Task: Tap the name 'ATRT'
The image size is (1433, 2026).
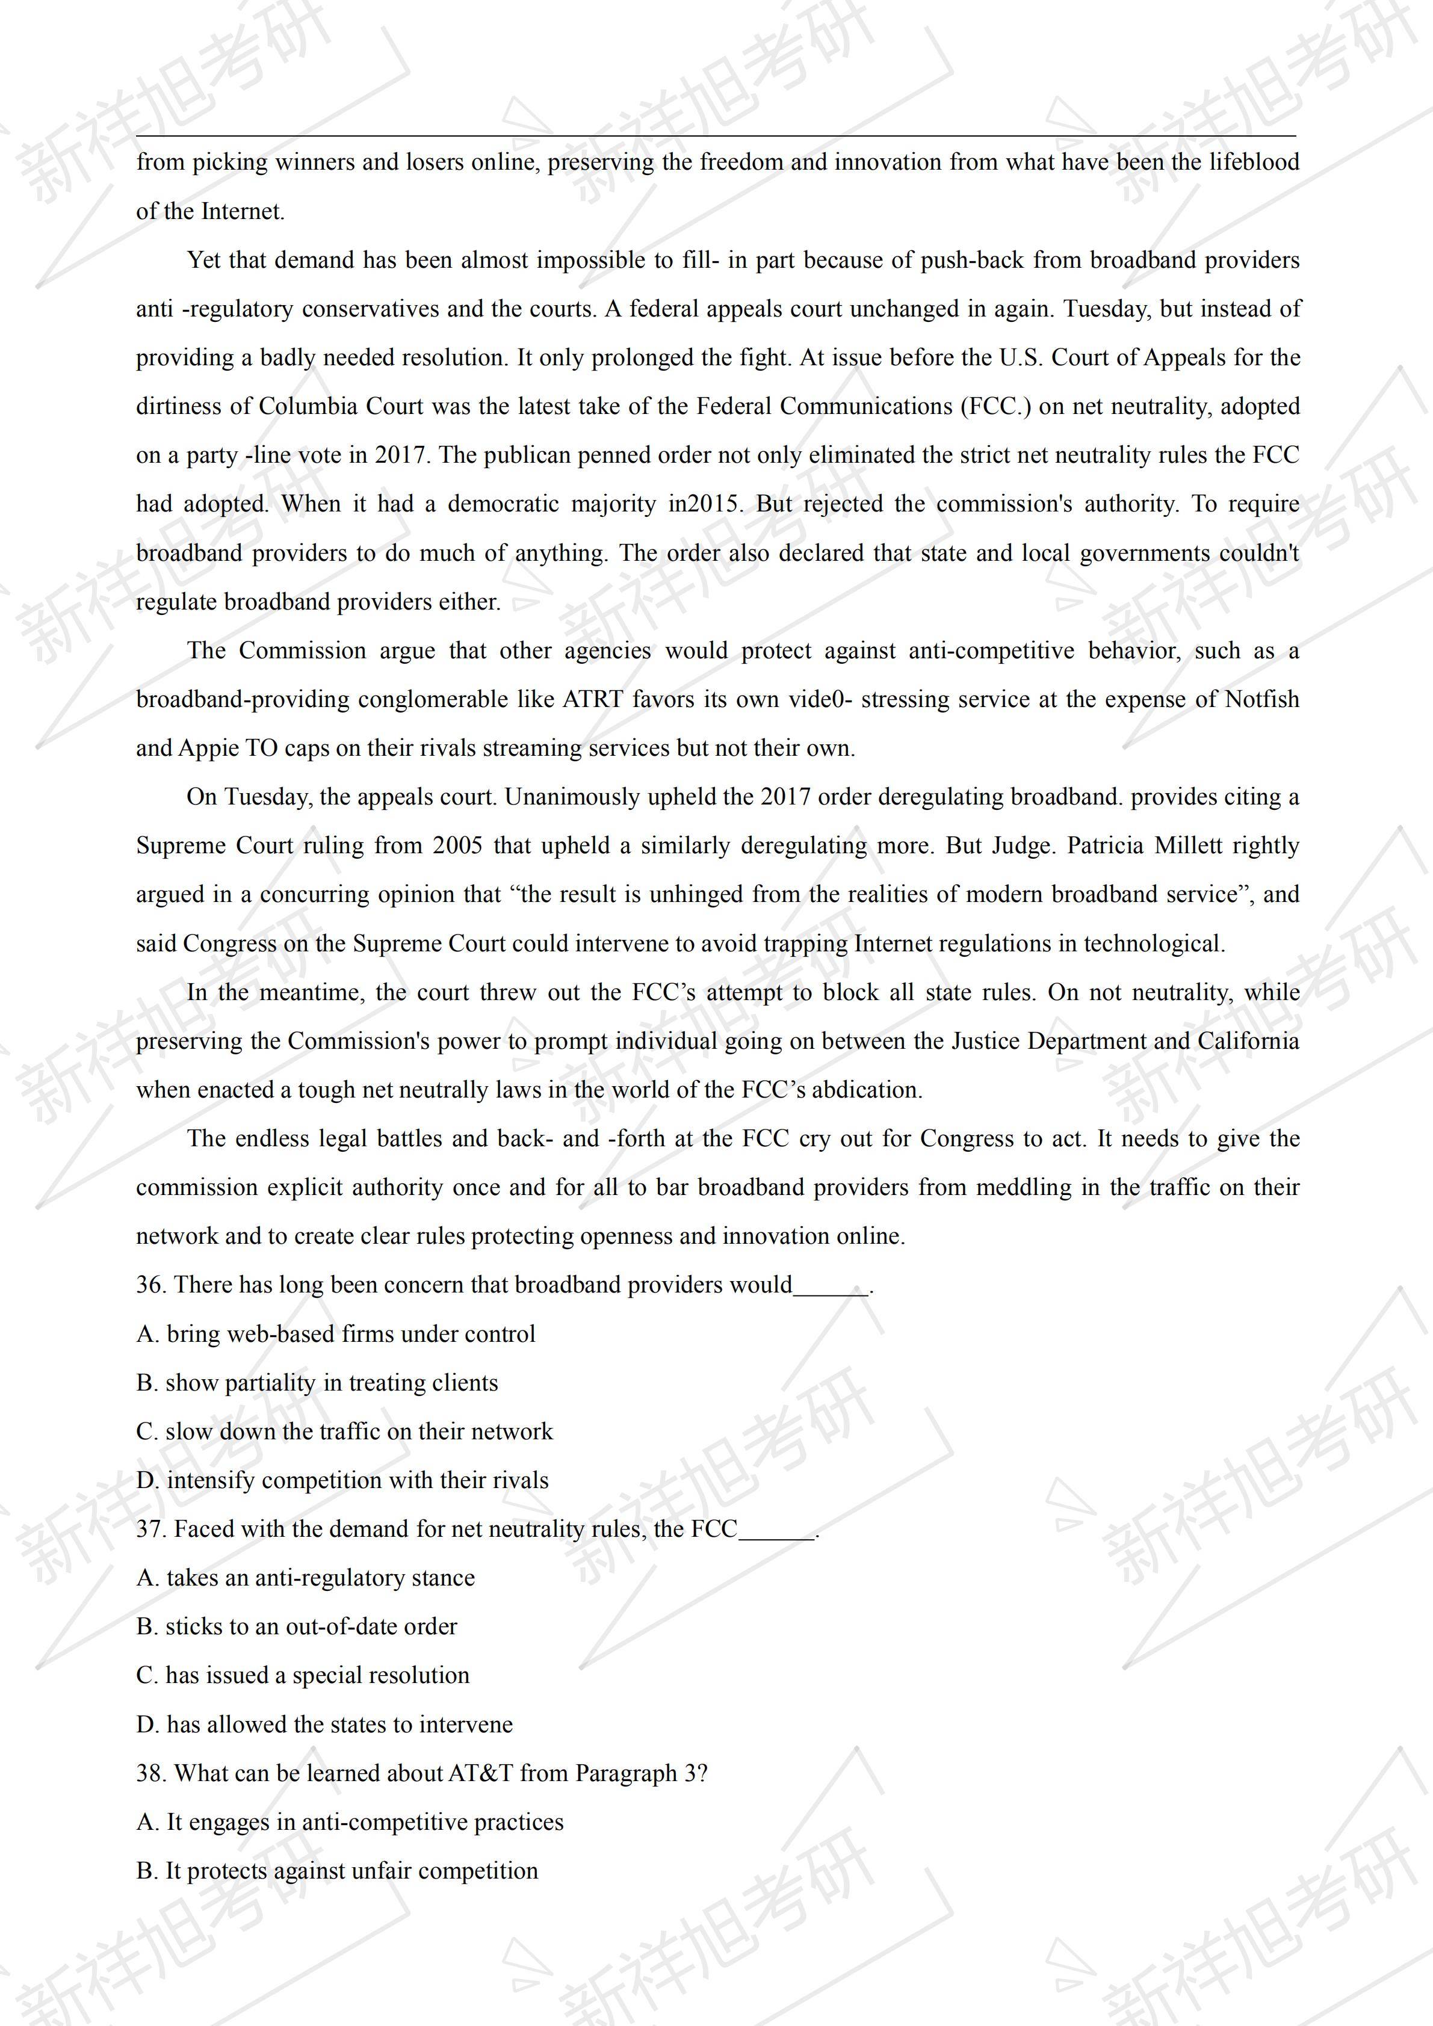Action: (x=593, y=700)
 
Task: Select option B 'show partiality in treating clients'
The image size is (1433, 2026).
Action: (x=318, y=1383)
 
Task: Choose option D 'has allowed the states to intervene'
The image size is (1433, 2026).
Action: (x=325, y=1724)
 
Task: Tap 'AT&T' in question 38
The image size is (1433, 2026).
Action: (x=480, y=1774)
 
